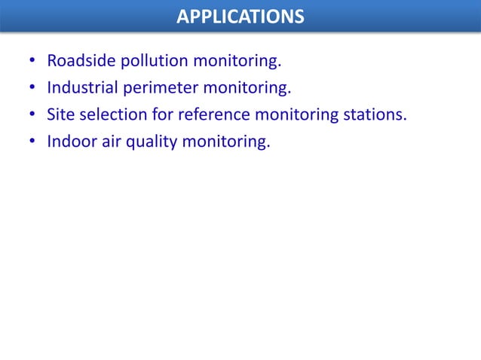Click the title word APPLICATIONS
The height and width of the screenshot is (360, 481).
240,16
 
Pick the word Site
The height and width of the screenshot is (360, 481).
60,114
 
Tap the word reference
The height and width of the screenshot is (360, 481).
215,114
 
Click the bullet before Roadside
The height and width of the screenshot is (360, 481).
32,61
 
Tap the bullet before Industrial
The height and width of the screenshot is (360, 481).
32,88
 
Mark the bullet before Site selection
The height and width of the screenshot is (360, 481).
32,115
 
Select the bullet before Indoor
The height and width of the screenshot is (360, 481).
32,142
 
